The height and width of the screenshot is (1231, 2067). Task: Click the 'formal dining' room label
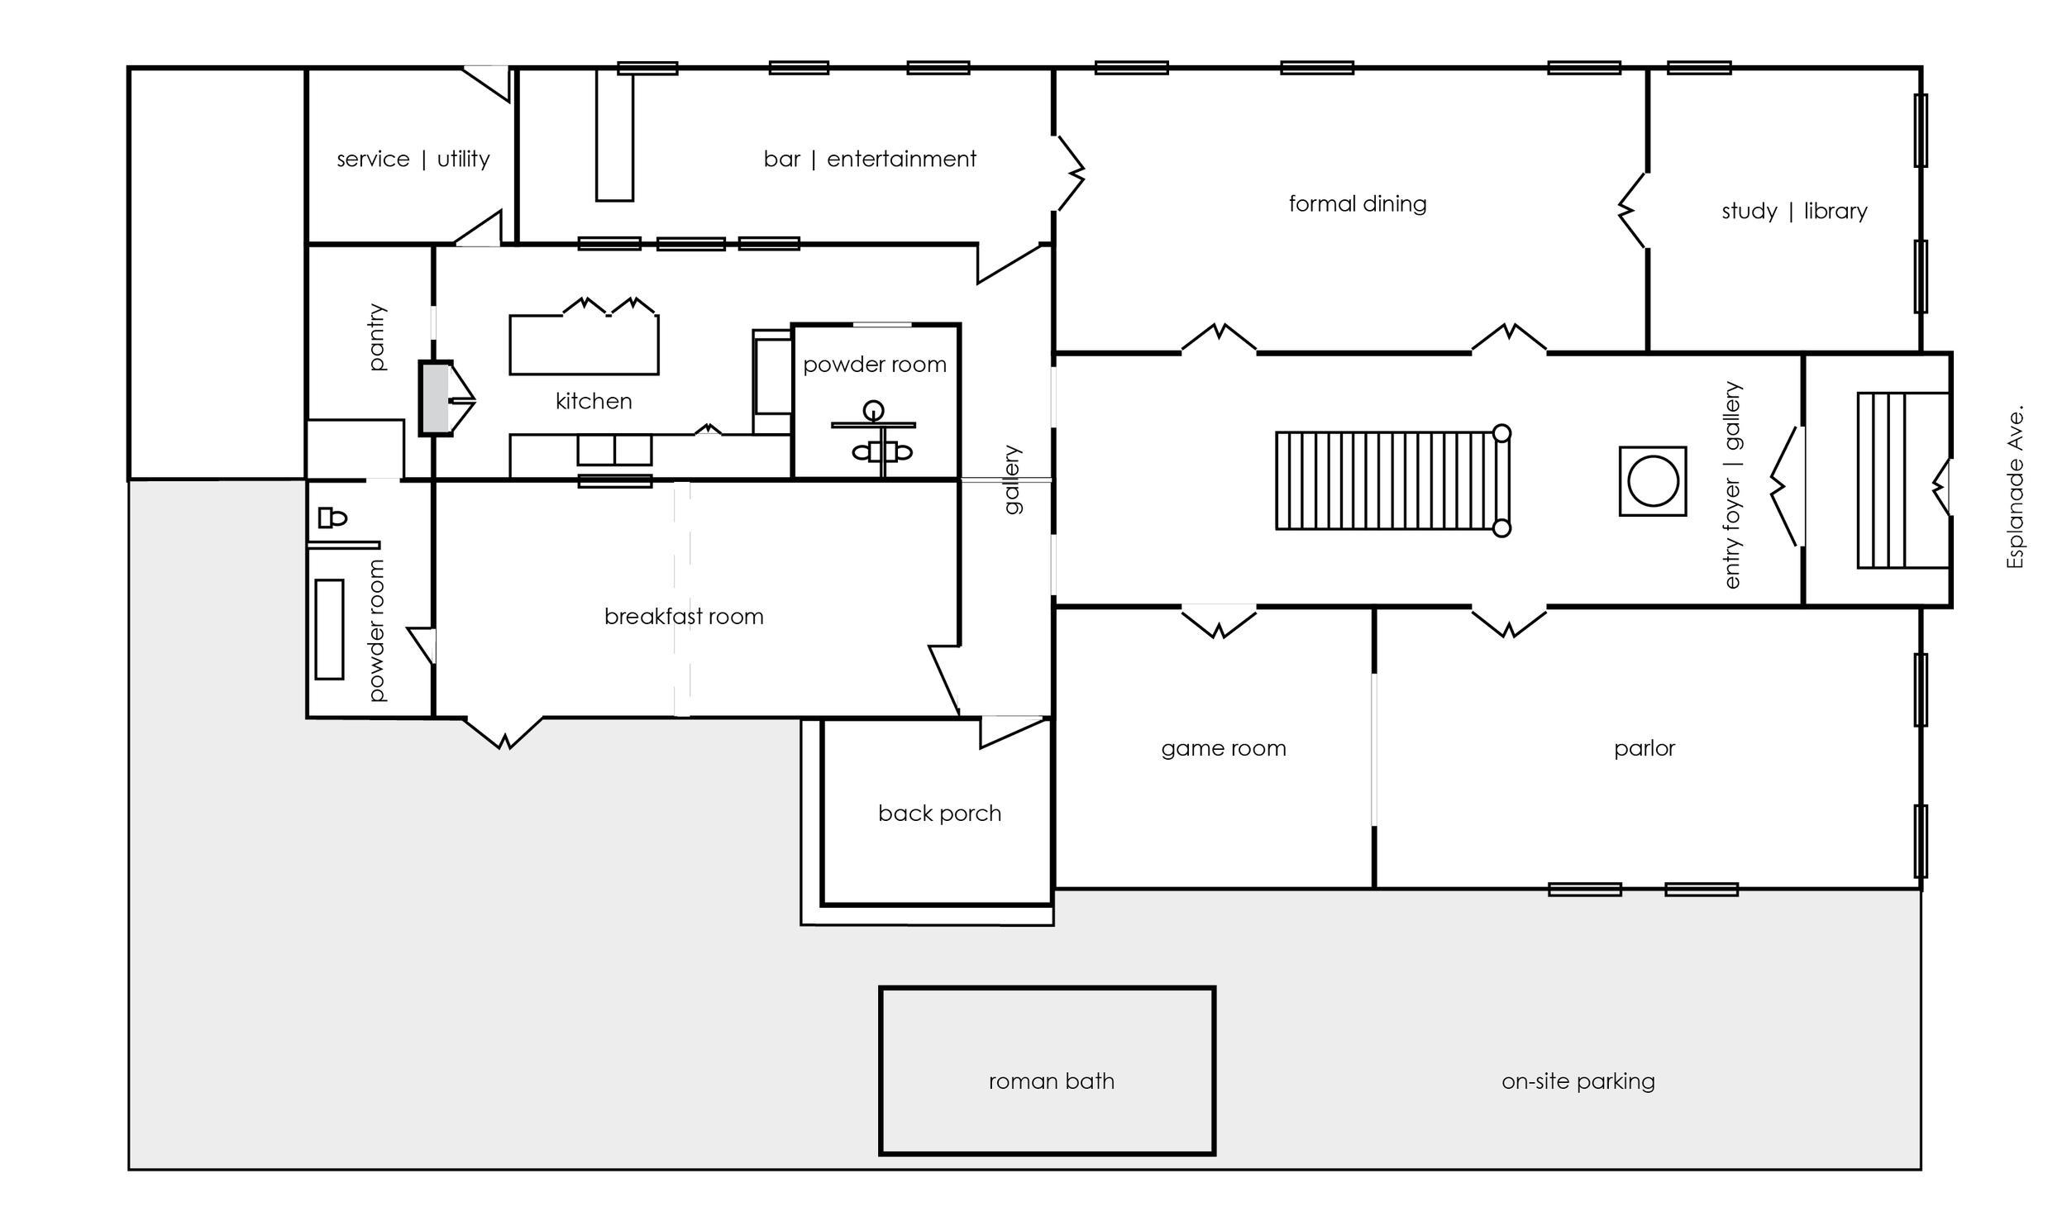[x=1357, y=204]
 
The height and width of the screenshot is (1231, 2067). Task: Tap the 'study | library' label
[x=1794, y=212]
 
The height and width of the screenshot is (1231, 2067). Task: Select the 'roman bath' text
[x=1051, y=1081]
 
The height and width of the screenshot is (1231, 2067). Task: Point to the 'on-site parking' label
[x=1578, y=1081]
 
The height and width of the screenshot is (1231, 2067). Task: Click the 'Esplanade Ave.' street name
[x=2016, y=487]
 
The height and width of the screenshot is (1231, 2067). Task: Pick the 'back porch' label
[x=939, y=813]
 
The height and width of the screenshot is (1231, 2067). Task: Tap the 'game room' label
[x=1224, y=749]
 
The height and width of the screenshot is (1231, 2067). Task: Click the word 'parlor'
[x=1644, y=749]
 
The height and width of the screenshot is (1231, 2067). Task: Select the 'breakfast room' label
[x=684, y=617]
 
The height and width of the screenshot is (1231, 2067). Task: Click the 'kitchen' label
[x=593, y=402]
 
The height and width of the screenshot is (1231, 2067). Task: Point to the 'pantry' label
[x=377, y=336]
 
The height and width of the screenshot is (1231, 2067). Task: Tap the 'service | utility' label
[x=413, y=159]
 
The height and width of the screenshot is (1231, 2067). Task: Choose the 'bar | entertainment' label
[x=869, y=159]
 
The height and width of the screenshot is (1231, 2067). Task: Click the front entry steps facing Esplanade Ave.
[x=1902, y=480]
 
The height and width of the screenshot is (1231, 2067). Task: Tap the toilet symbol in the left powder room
[x=332, y=518]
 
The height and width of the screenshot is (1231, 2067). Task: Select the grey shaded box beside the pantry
[x=434, y=398]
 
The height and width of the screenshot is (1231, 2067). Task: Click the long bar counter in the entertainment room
[x=614, y=136]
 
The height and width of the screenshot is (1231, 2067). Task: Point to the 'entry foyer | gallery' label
[x=1733, y=485]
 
